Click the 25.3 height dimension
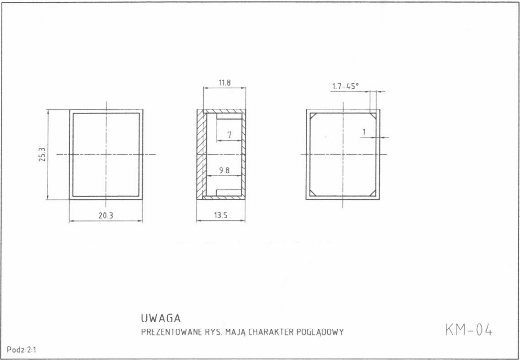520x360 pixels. (42, 155)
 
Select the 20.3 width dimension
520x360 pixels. (106, 216)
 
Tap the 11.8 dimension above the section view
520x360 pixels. (225, 83)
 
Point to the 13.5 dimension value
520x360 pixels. (220, 216)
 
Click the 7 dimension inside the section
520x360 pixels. (229, 135)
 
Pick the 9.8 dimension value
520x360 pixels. (225, 170)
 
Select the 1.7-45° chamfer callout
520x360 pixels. (345, 86)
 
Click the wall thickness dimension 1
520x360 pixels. (364, 132)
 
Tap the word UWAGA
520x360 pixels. (161, 318)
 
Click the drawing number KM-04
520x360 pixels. (469, 330)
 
